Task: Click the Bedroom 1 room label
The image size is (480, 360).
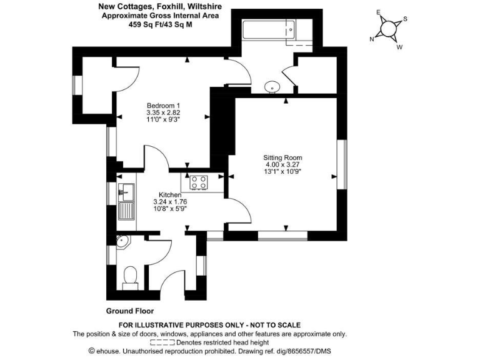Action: [x=164, y=104]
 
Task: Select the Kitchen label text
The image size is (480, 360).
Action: [x=169, y=195]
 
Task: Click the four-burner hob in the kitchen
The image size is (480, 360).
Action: [x=199, y=182]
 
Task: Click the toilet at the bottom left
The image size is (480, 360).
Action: [x=131, y=277]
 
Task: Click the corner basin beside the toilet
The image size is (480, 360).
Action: [x=122, y=241]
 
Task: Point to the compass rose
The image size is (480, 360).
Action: [x=389, y=29]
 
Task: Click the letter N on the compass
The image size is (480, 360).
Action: [x=372, y=39]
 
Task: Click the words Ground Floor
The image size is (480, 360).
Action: [x=131, y=311]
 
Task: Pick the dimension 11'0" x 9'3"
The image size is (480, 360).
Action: [x=164, y=119]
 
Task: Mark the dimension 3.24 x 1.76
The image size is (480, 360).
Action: [x=170, y=202]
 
